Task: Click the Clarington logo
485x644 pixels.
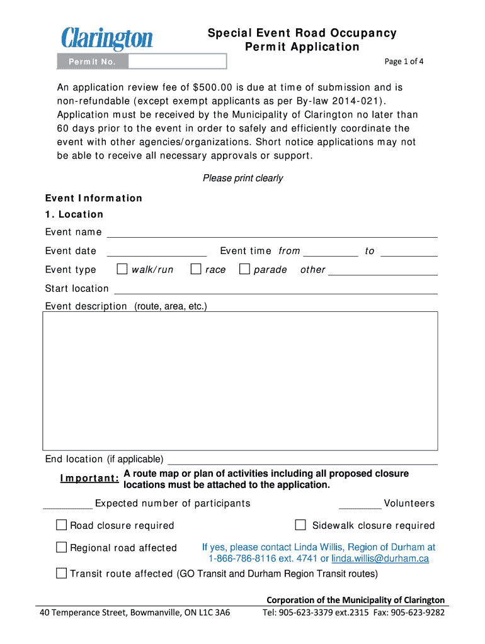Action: (x=107, y=38)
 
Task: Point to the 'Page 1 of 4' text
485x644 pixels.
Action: (x=404, y=61)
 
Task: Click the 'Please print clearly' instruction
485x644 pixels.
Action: (x=243, y=178)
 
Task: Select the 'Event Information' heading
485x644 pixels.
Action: (x=94, y=198)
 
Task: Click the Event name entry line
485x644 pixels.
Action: (x=272, y=232)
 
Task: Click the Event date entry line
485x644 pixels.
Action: (x=157, y=251)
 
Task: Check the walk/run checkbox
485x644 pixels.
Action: (x=123, y=269)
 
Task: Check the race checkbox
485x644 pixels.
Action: (x=196, y=269)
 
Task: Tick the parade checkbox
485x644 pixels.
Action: (x=244, y=269)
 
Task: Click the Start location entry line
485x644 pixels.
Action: (x=275, y=289)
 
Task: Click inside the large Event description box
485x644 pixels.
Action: (x=240, y=380)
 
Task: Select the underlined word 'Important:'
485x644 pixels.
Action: (x=89, y=479)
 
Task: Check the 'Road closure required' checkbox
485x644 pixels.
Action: (x=61, y=525)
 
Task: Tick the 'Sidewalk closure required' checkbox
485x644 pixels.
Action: (x=300, y=525)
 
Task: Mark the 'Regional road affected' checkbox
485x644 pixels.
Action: (x=61, y=547)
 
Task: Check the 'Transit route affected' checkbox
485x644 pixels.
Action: (x=61, y=573)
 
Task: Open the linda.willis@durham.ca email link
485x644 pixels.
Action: (x=380, y=558)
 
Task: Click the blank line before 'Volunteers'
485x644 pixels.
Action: (x=360, y=504)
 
